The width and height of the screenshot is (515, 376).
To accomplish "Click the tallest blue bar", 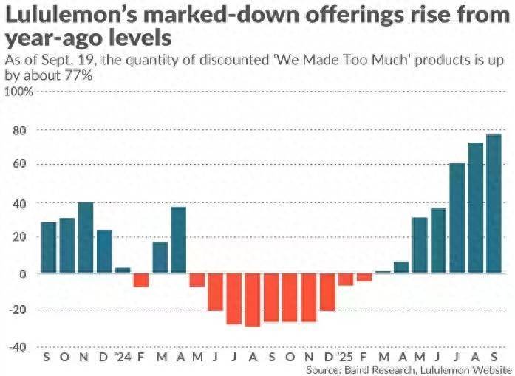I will [x=494, y=203].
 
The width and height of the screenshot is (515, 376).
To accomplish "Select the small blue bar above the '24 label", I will [x=123, y=270].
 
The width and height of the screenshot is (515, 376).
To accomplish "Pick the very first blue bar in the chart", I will [x=49, y=247].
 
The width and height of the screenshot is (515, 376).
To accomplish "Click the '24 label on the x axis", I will [x=122, y=356].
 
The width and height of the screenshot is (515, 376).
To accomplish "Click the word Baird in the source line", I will [x=361, y=368].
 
